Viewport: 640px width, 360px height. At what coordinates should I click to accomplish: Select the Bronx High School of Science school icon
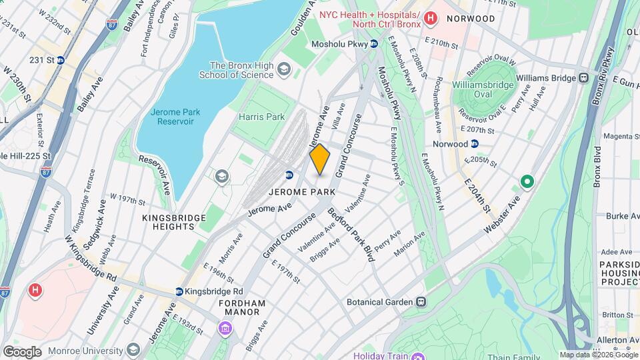coord(285,69)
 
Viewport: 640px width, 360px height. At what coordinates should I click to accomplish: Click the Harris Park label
coord(261,117)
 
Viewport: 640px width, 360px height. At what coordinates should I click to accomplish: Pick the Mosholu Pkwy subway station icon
coord(374,44)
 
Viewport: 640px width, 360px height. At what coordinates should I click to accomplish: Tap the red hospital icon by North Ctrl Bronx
coord(431,19)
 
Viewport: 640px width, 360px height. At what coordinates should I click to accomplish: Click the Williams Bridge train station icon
coord(584,78)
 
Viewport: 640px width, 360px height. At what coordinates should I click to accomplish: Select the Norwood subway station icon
coord(474,143)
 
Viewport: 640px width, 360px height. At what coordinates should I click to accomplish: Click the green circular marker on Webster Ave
coord(527,181)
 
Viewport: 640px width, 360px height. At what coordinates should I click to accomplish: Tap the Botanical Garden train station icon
coord(421,302)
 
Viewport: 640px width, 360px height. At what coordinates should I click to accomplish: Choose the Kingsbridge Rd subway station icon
coord(179,291)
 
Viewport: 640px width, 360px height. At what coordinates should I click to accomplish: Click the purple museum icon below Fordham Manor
coord(225,328)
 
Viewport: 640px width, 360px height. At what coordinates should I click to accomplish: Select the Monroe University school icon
coord(133,349)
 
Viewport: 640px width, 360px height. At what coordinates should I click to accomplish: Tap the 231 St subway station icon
coord(61,59)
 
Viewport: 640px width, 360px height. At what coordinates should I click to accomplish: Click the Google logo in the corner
coord(22,351)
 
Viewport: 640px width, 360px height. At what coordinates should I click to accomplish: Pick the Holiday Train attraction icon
coord(417,355)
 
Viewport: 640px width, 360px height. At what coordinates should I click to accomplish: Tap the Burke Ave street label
coord(618,216)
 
